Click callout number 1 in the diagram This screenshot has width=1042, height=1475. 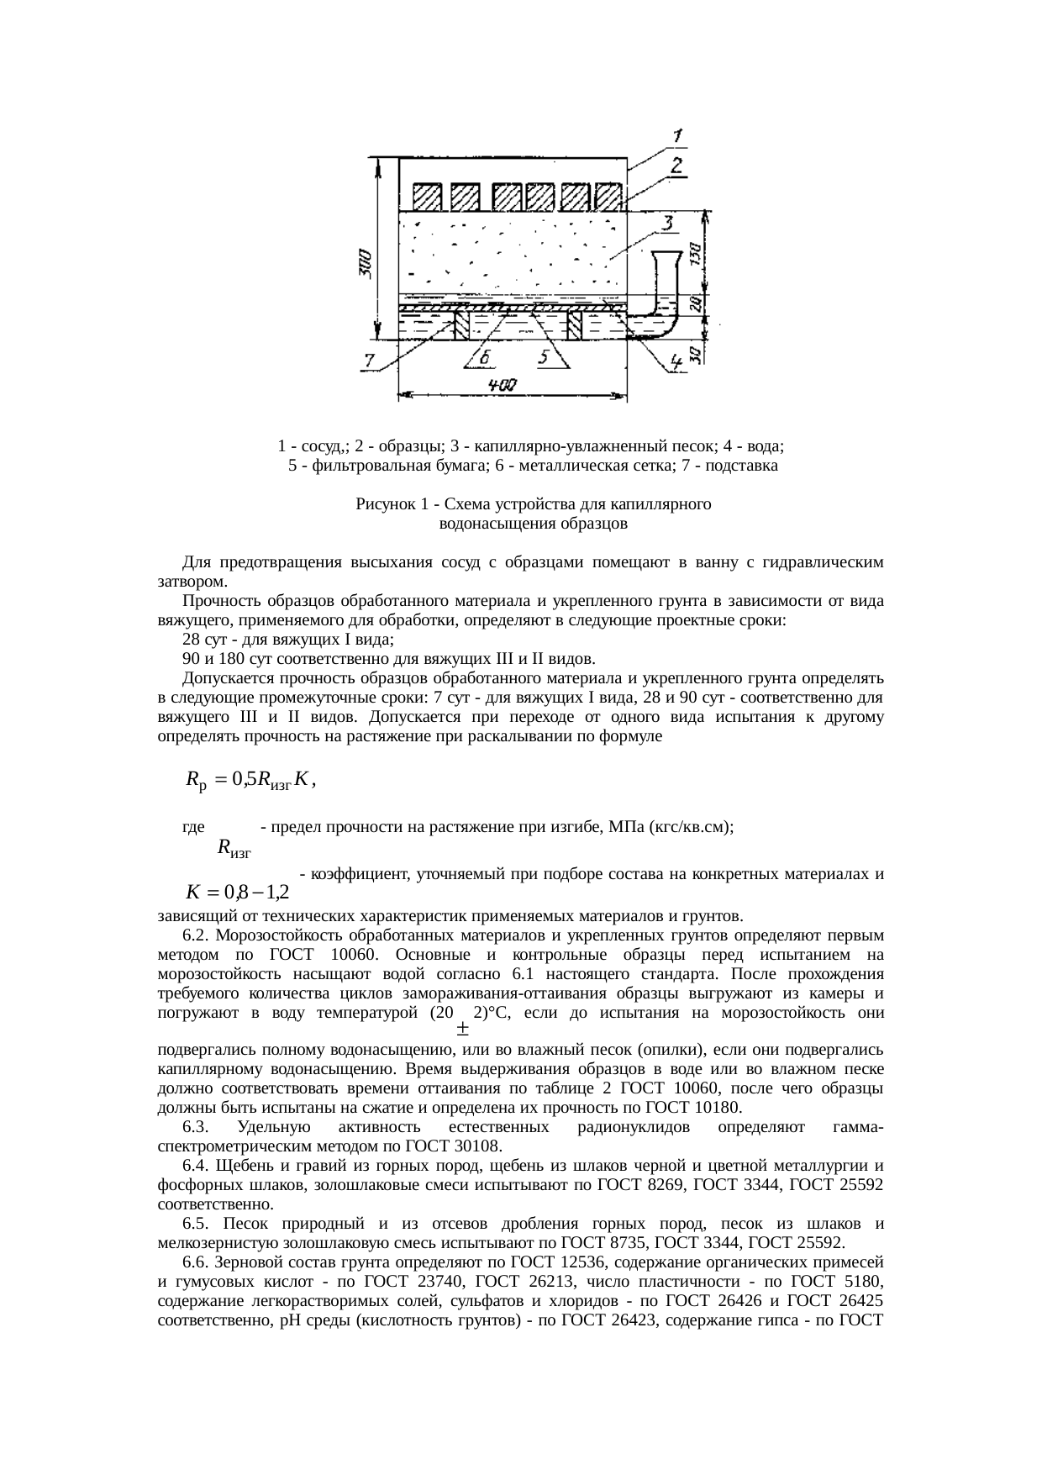678,134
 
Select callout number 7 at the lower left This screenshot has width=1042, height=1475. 370,361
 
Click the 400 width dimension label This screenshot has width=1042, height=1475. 503,385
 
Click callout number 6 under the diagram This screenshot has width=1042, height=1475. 486,358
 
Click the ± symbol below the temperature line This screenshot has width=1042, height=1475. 462,1028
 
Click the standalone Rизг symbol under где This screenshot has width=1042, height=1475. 234,847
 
